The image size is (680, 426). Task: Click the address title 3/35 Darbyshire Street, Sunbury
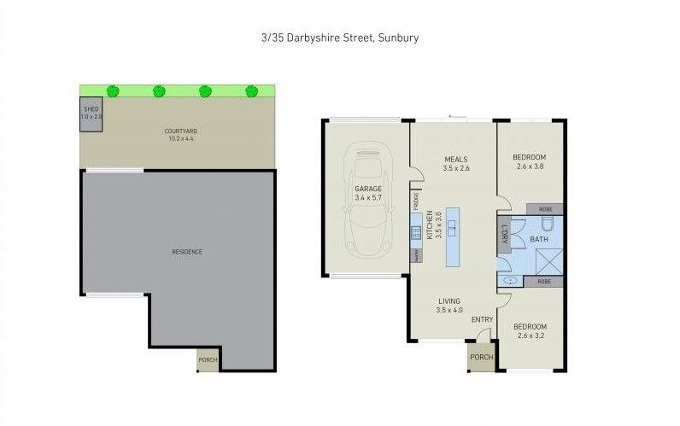pyautogui.click(x=340, y=38)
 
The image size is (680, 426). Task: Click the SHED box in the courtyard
pyautogui.click(x=91, y=114)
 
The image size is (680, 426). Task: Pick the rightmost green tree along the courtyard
pyautogui.click(x=251, y=90)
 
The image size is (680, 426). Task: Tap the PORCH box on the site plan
pyautogui.click(x=208, y=359)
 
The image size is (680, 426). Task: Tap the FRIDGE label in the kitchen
pyautogui.click(x=416, y=201)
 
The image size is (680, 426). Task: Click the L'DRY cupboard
pyautogui.click(x=504, y=234)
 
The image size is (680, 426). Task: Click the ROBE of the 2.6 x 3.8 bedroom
pyautogui.click(x=544, y=208)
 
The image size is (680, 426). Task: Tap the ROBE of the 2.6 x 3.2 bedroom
pyautogui.click(x=544, y=281)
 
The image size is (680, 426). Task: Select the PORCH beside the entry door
pyautogui.click(x=481, y=358)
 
